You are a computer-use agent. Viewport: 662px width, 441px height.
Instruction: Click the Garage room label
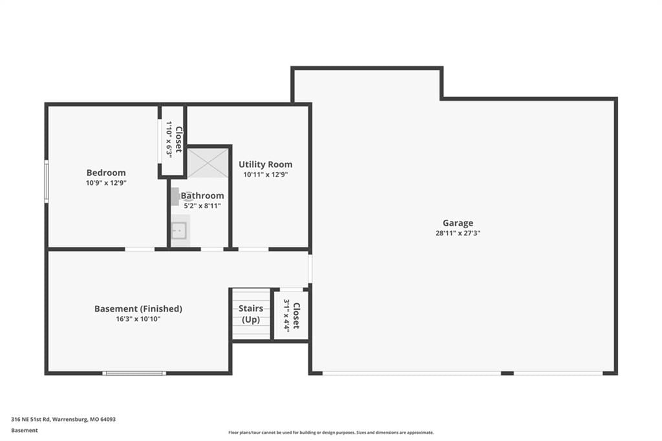458,223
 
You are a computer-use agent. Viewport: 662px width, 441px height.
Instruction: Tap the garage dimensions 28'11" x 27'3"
458,233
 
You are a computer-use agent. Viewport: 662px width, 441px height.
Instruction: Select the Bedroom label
106,173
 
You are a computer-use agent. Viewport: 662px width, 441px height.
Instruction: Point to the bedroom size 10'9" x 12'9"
106,183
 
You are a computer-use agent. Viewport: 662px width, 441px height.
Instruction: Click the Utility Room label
266,164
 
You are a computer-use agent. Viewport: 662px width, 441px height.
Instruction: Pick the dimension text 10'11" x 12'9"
266,175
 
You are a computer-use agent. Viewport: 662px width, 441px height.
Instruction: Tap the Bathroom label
202,195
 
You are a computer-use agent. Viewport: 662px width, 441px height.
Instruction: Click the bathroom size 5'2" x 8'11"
202,206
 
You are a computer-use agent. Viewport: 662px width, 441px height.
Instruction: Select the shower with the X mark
208,163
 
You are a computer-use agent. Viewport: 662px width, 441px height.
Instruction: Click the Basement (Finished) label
138,309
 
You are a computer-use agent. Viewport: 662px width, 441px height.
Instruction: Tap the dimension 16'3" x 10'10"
138,319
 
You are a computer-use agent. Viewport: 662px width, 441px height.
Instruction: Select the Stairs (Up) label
251,314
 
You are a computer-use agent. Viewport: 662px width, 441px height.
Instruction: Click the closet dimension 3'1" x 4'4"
286,316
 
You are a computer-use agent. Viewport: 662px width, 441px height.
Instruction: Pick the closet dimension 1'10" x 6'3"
169,140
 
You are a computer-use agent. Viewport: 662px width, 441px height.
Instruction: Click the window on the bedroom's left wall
47,181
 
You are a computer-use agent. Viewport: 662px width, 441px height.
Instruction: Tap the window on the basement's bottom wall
134,373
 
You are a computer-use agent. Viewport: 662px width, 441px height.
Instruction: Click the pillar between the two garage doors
507,373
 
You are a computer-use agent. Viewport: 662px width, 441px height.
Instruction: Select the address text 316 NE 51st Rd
31,420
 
